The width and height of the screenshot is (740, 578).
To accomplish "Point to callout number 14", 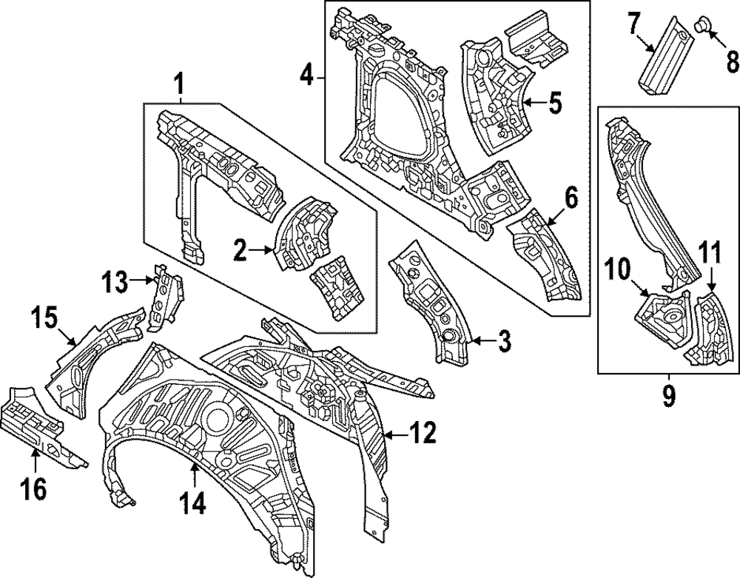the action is pos(193,503).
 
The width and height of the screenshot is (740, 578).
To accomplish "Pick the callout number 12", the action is pos(423,433).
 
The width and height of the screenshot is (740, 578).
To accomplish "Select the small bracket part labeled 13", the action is pos(165,298).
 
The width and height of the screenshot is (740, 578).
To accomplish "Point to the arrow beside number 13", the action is pos(141,280).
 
